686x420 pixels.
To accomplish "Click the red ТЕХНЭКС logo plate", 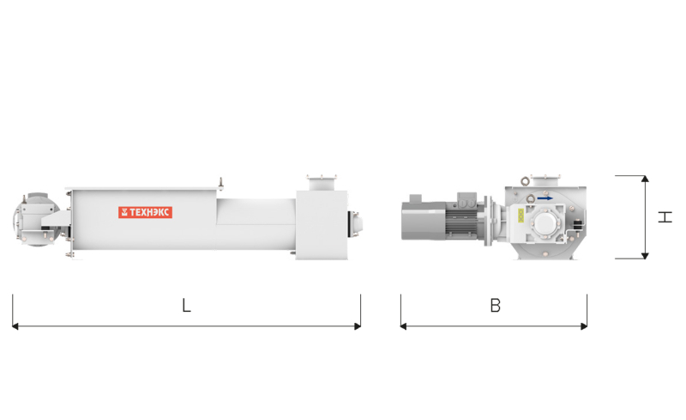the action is (145, 212).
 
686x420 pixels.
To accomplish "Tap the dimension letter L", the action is (186, 305).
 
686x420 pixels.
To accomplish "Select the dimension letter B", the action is (496, 305).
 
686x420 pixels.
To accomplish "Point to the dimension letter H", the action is (665, 216).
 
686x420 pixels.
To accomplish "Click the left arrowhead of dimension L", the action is (15, 326).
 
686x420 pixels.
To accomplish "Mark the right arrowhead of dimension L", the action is (358, 326).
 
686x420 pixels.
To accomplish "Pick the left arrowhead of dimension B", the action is (403, 326).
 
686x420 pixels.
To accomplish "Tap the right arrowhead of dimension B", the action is (584, 326).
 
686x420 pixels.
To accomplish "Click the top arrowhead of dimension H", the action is (645, 179).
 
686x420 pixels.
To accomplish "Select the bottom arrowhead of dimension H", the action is (645, 256).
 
